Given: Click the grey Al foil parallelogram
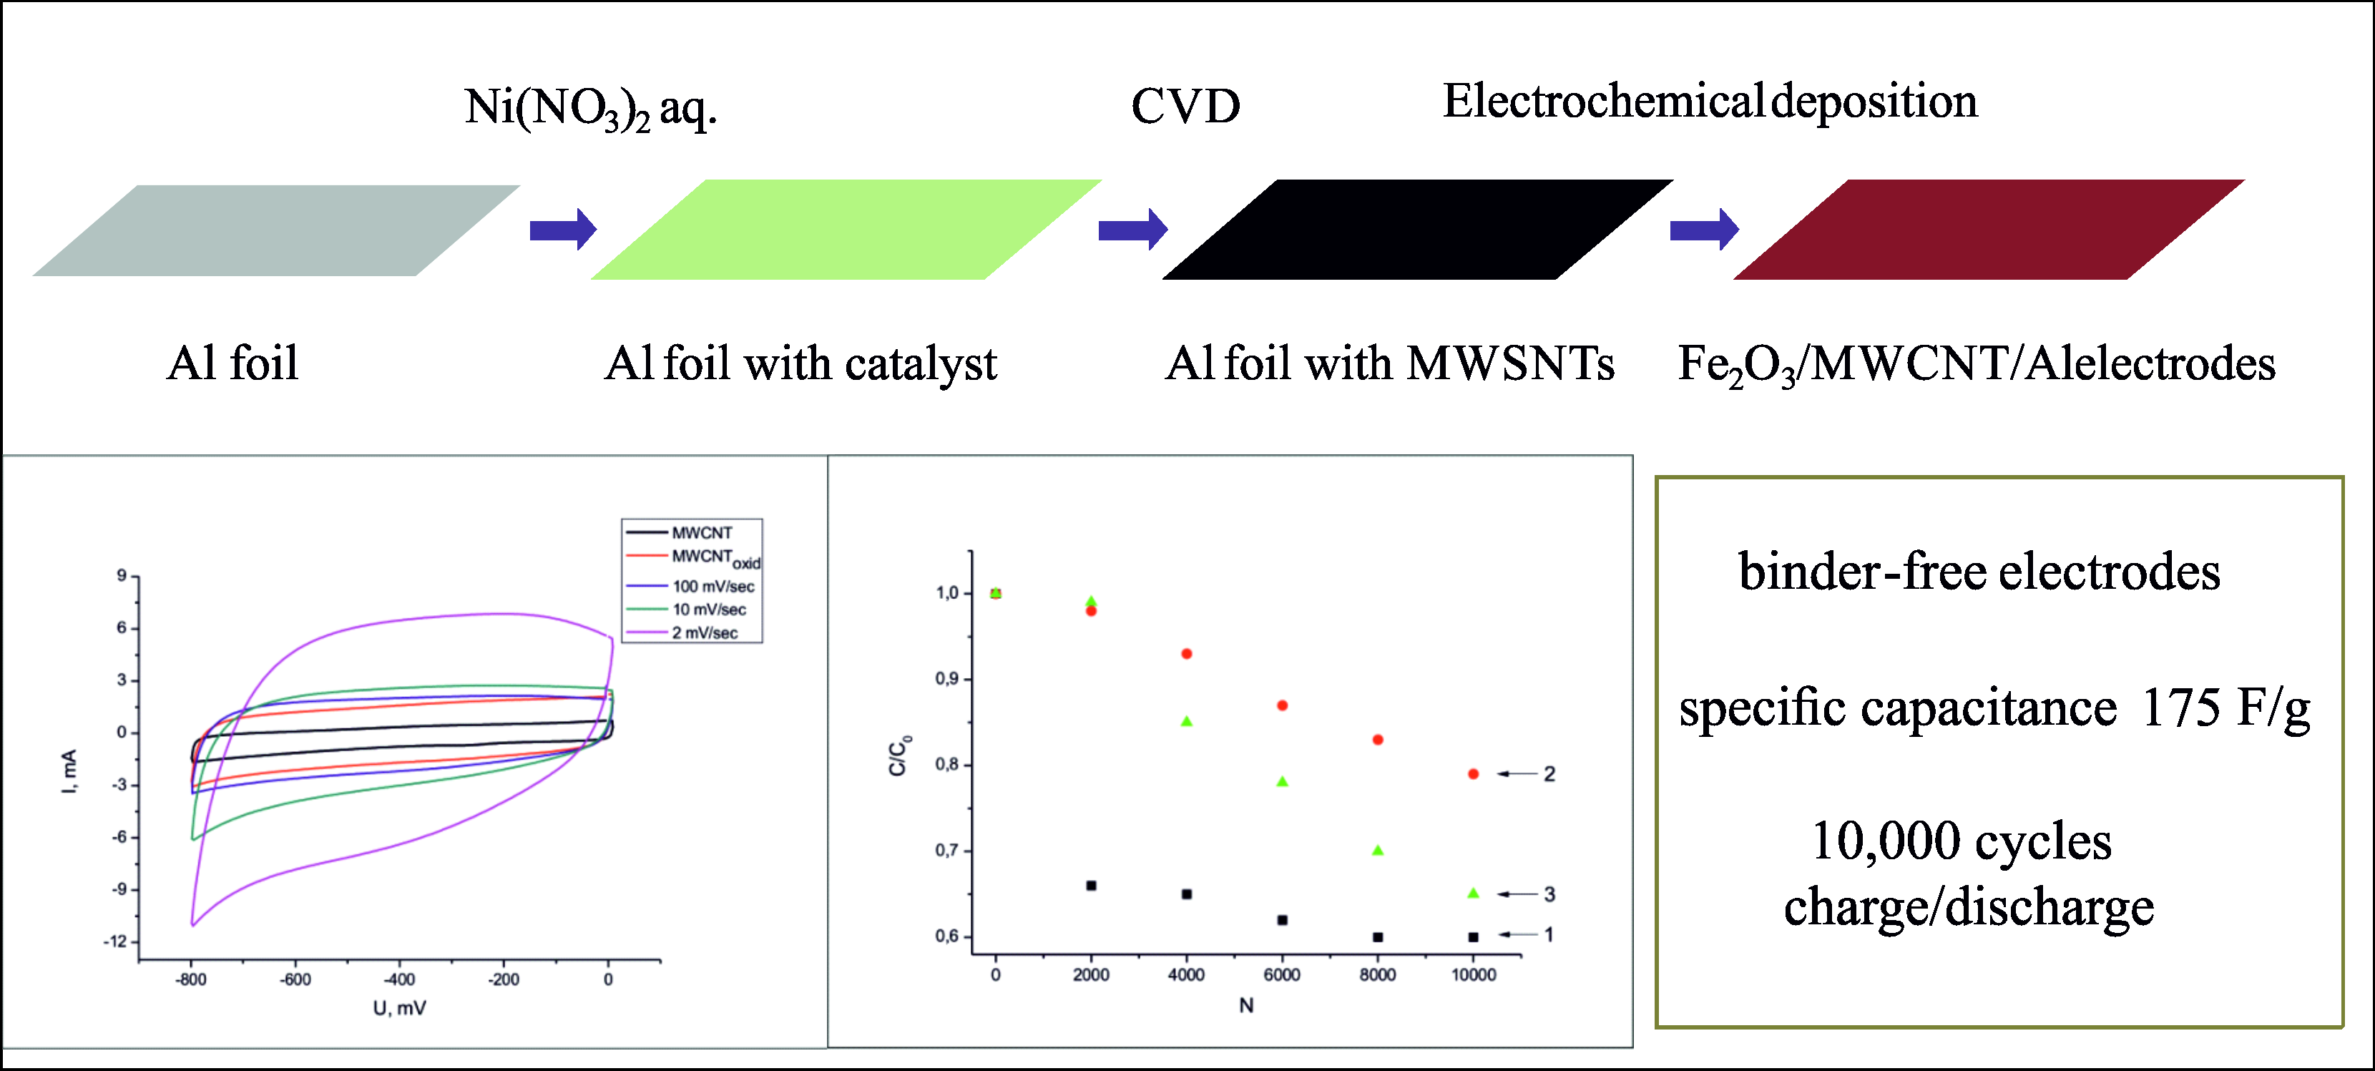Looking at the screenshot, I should click(277, 230).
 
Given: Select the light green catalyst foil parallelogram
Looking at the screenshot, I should click(846, 230).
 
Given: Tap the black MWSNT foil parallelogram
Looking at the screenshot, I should click(1417, 230).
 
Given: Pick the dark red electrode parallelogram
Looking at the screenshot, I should click(1989, 230).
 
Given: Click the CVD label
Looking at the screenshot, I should click(1185, 107).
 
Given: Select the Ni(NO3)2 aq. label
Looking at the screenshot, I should click(590, 109).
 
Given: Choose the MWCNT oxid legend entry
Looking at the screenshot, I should click(715, 557).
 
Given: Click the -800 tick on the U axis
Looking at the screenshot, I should click(191, 979).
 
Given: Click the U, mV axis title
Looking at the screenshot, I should click(399, 1008).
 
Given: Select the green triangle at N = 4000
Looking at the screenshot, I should click(1187, 720).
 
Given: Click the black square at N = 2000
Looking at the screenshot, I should click(1092, 886).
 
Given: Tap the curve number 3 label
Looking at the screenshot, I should click(1549, 894).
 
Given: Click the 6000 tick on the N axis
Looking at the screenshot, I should click(1281, 975).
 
